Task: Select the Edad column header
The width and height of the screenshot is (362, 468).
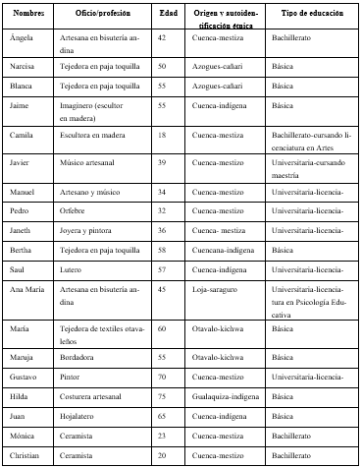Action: (168, 14)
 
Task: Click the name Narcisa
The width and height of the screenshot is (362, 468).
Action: (24, 65)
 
